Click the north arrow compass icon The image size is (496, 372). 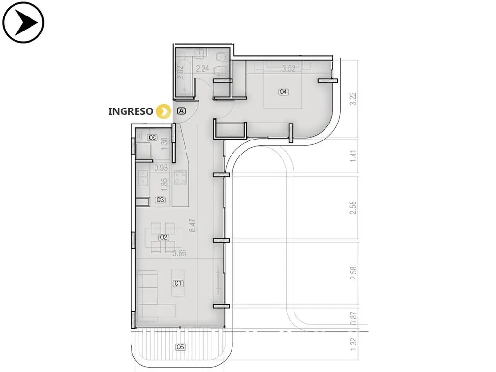23,22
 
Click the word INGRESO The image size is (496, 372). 131,111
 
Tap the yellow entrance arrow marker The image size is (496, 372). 164,111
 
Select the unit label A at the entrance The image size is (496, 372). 181,111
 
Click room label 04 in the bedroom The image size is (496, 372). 283,92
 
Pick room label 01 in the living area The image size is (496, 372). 178,283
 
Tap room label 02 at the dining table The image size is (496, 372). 164,237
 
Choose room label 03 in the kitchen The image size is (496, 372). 160,200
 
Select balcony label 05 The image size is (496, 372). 180,347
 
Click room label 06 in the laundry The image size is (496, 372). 152,137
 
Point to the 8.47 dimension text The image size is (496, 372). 192,225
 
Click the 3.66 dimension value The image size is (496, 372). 179,253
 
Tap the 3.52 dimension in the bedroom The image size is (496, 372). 289,69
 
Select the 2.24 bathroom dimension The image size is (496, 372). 202,69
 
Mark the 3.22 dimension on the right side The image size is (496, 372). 353,99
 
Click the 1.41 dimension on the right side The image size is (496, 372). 353,156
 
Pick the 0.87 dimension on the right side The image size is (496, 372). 353,318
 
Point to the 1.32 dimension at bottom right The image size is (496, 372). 353,344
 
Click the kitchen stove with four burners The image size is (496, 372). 180,177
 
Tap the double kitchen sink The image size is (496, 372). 143,178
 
